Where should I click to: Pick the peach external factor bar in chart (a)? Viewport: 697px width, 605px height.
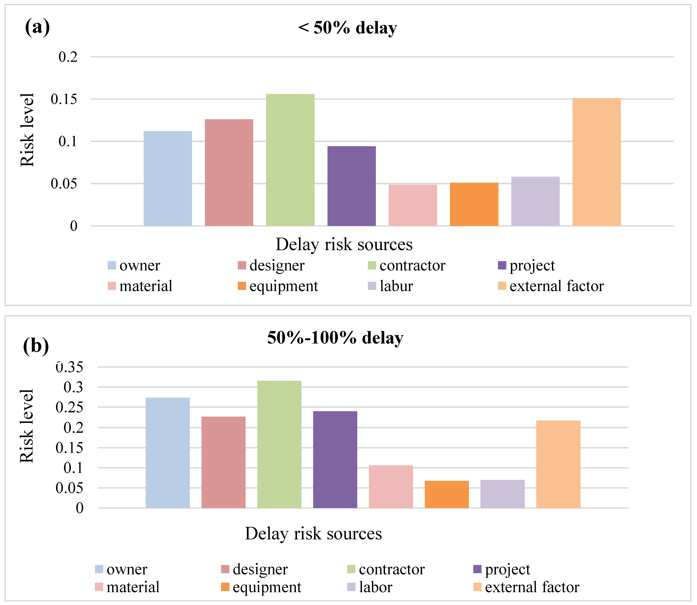click(x=596, y=162)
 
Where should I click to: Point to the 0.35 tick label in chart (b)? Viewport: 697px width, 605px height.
click(x=69, y=367)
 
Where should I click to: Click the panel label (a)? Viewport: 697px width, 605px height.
click(x=37, y=27)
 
